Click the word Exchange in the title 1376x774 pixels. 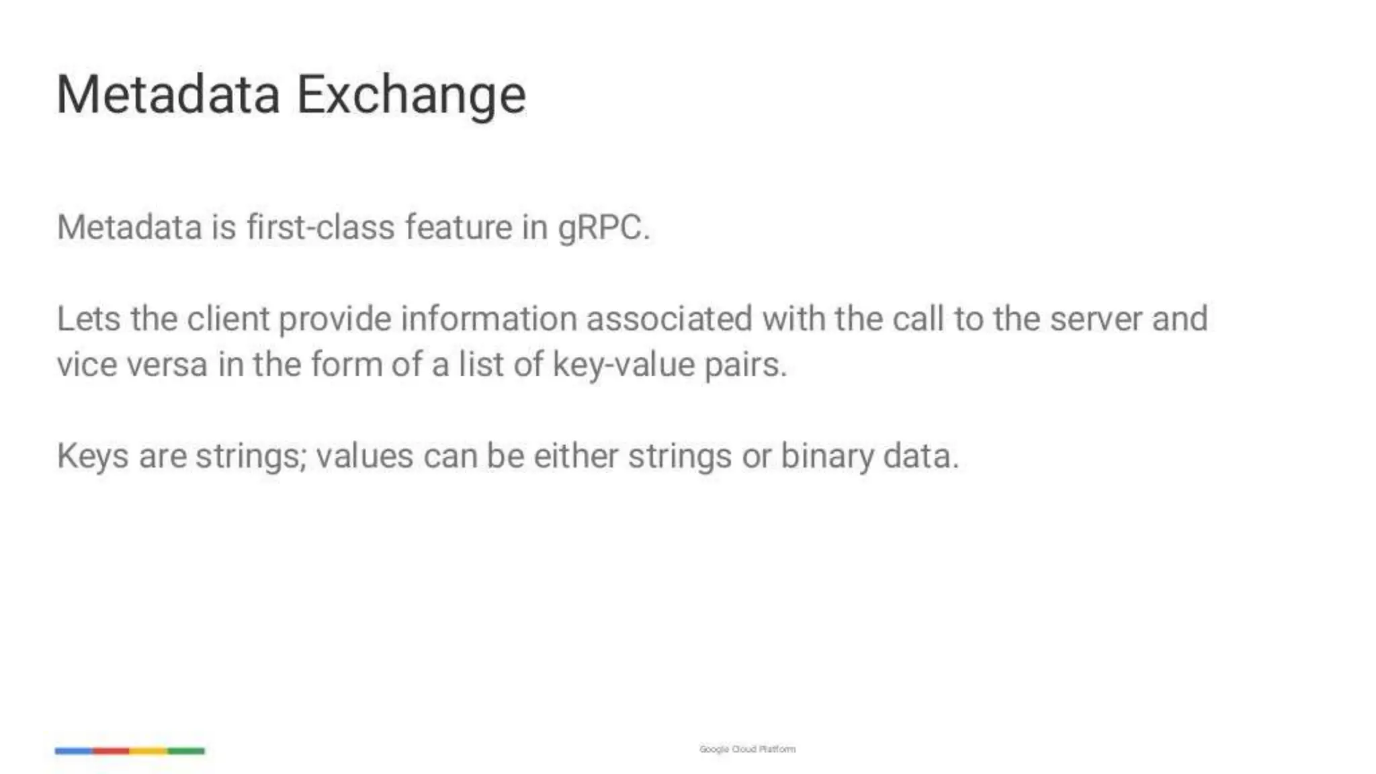coord(411,95)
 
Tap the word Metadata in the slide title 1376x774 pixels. coord(168,95)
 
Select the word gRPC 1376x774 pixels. coord(603,227)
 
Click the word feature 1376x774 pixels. coord(458,227)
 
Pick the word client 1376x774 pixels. coord(228,318)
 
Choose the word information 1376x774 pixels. coord(489,318)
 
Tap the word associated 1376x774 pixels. coord(669,318)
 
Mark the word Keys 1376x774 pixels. coord(93,457)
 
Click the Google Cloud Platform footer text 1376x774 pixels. coord(747,749)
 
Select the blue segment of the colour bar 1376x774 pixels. coord(74,750)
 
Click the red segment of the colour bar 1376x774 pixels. coord(112,750)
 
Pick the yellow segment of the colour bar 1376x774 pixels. coord(148,750)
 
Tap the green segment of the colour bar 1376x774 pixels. coord(186,750)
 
